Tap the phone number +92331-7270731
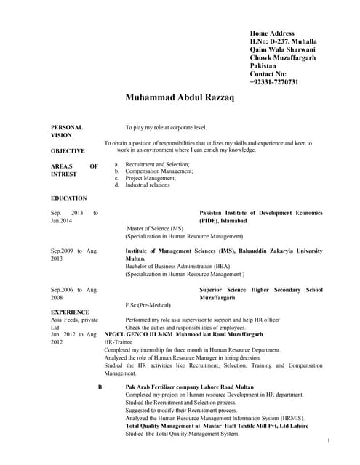pyautogui.click(x=274, y=82)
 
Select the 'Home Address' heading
pyautogui.click(x=272, y=33)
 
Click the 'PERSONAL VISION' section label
pyautogui.click(x=66, y=131)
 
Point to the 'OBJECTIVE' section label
pyautogui.click(x=68, y=150)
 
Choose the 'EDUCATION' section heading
pyautogui.click(x=68, y=198)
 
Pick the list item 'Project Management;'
pyautogui.click(x=151, y=178)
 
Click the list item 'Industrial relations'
pyautogui.click(x=148, y=185)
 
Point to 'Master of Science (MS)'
pyautogui.click(x=159, y=228)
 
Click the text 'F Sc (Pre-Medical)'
pyautogui.click(x=151, y=306)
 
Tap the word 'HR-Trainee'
pyautogui.click(x=119, y=340)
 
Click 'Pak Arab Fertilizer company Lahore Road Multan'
pyautogui.click(x=190, y=387)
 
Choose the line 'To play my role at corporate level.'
pyautogui.click(x=166, y=127)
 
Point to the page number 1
pyautogui.click(x=329, y=441)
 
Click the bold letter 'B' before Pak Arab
pyautogui.click(x=100, y=387)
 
